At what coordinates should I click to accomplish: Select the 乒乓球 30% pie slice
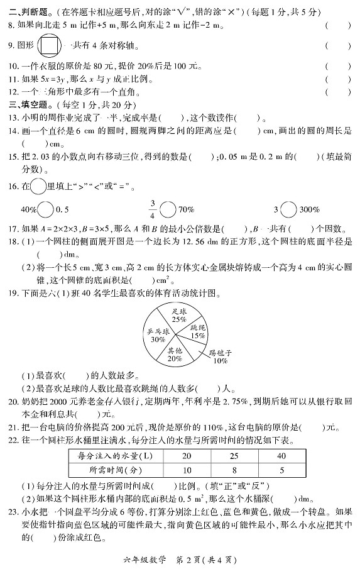click(x=158, y=334)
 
